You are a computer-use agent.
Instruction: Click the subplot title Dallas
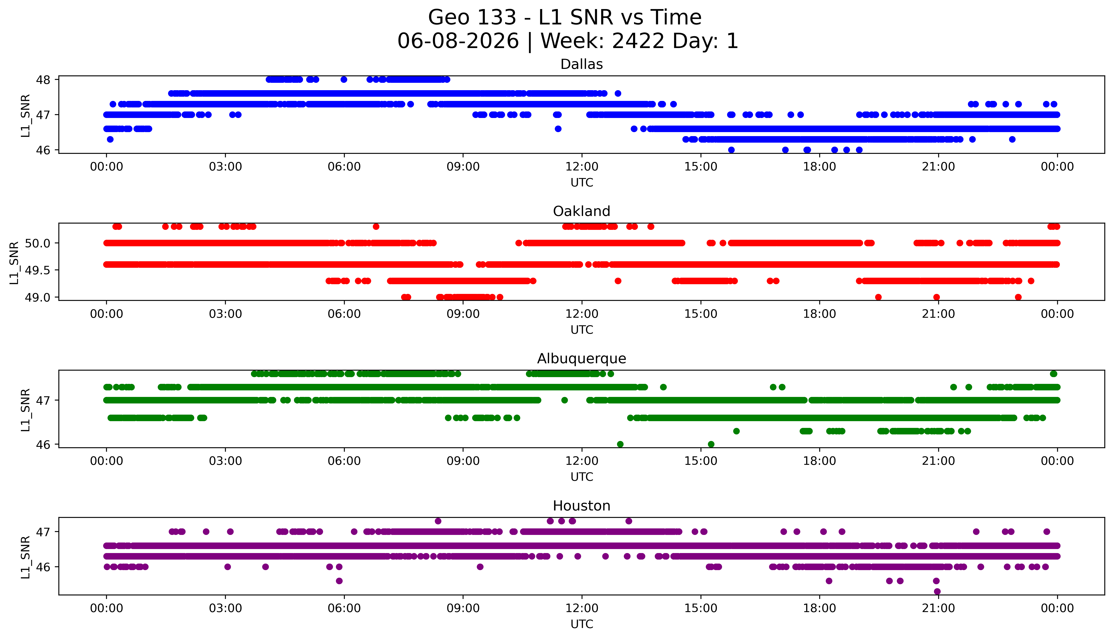pos(582,64)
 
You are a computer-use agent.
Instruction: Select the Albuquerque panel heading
pos(582,359)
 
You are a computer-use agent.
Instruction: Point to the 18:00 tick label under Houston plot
pos(820,608)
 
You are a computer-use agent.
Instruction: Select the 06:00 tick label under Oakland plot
pos(344,314)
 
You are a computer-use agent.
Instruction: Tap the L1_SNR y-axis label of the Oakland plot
pos(14,263)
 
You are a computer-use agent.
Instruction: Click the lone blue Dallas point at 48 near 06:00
pos(344,79)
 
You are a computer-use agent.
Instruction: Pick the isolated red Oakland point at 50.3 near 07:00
pos(376,226)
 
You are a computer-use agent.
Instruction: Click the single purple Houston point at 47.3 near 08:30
pos(438,521)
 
